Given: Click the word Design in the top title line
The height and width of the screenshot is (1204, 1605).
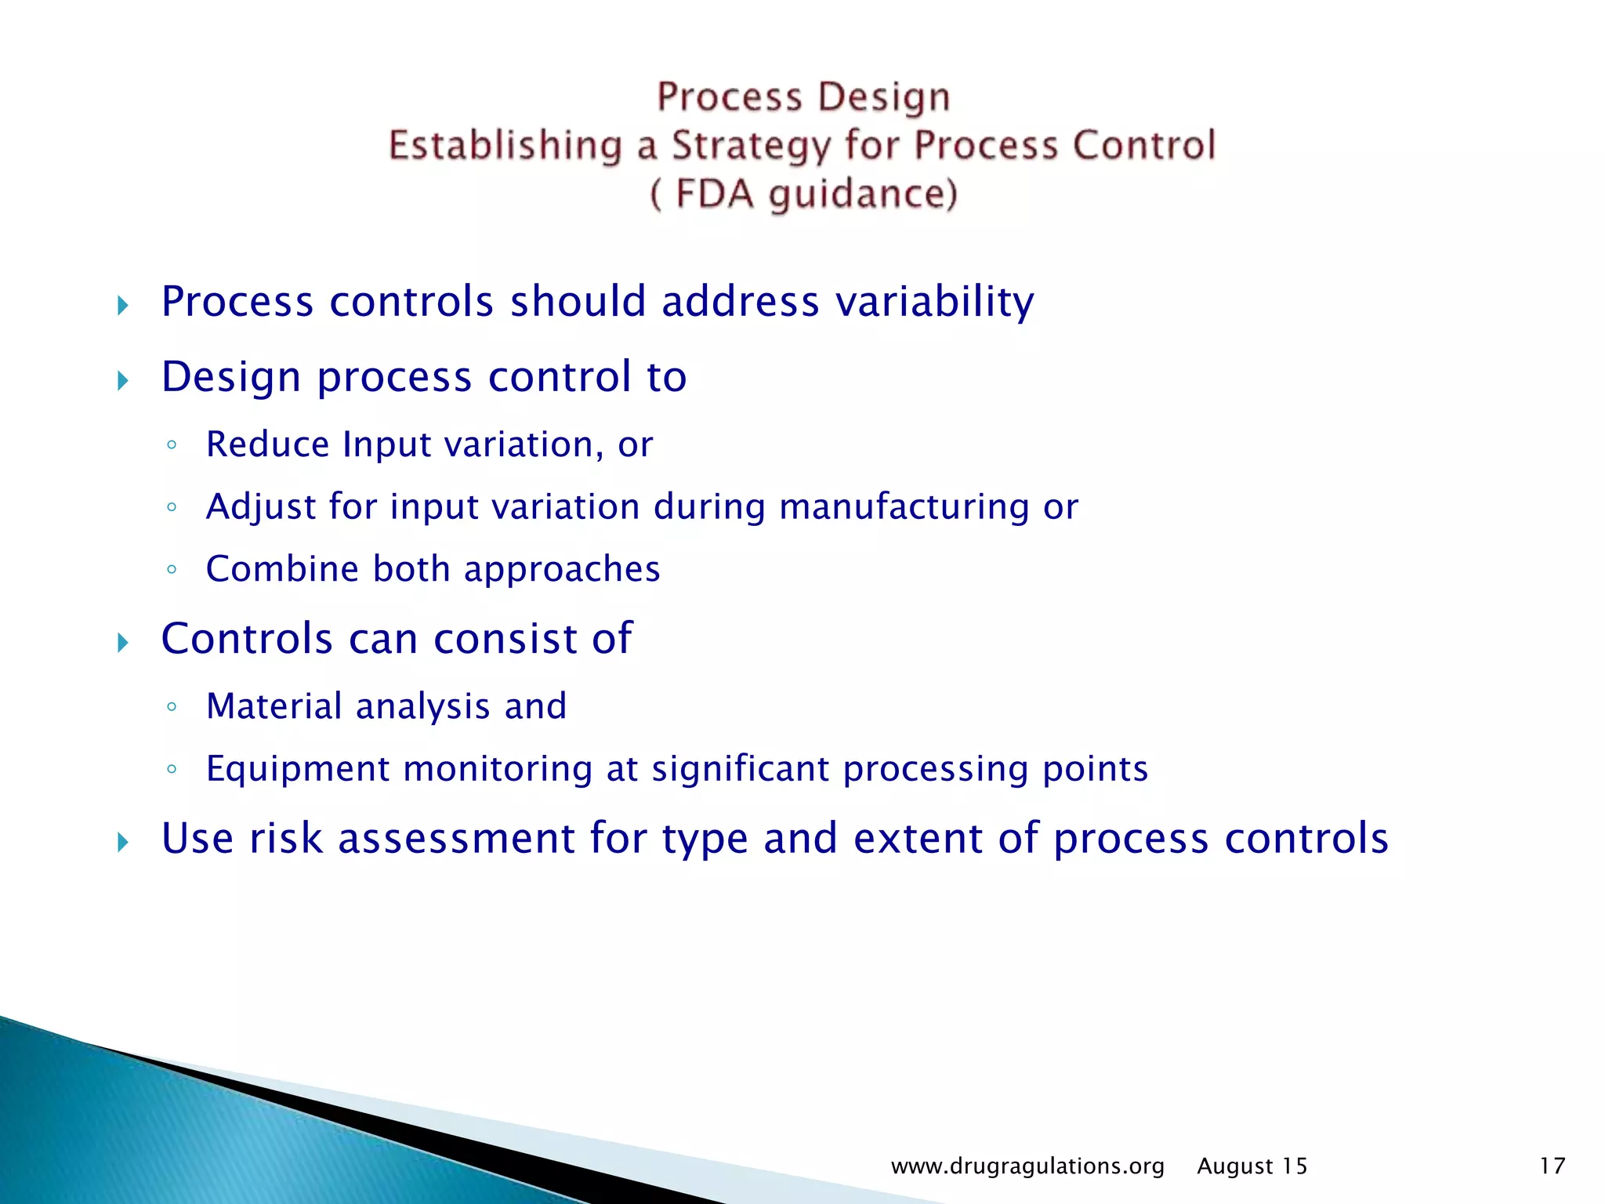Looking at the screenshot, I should pos(883,98).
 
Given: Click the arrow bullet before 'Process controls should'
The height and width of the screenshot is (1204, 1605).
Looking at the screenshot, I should pos(122,305).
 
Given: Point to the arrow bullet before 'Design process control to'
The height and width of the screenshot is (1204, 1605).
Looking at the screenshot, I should pos(122,381).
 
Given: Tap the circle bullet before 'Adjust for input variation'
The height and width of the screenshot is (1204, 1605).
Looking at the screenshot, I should pos(172,507).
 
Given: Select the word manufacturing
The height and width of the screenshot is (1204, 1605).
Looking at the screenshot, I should pos(904,507).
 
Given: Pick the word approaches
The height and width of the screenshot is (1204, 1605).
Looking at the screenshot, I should pos(562,570).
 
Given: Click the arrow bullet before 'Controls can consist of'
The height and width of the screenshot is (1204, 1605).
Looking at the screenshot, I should pos(122,643).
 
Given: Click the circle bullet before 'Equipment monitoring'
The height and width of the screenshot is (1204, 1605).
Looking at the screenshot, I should pos(172,769).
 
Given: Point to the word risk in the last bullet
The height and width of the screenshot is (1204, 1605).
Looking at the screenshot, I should pos(286,838).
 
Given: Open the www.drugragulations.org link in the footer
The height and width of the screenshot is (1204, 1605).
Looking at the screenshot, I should pos(1027,1166).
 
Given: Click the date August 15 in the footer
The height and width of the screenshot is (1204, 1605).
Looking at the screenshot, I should pos(1252,1166).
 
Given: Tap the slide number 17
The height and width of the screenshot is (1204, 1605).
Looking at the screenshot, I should pos(1552,1166).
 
